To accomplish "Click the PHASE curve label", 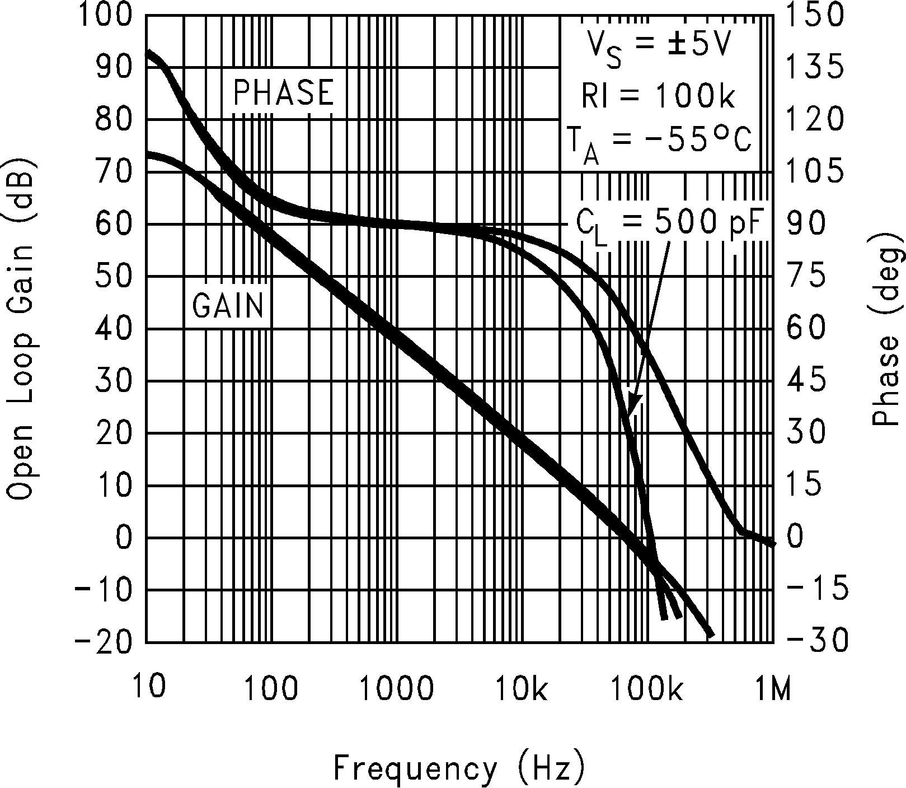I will (x=283, y=92).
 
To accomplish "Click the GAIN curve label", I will (x=228, y=306).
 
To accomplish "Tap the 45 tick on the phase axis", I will (x=806, y=381).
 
